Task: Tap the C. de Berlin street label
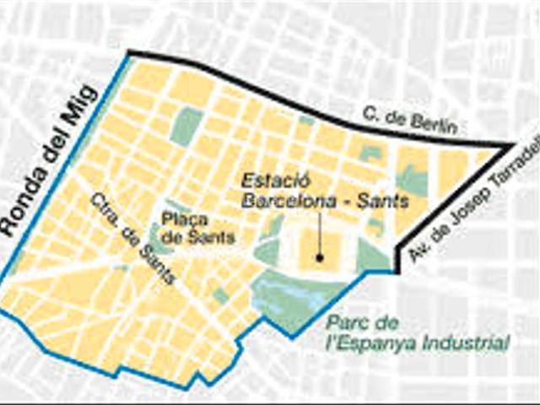pyautogui.click(x=410, y=121)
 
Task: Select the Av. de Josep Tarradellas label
pyautogui.click(x=475, y=203)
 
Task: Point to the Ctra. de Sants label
pyautogui.click(x=132, y=239)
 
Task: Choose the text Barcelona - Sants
pyautogui.click(x=325, y=202)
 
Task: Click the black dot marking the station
pyautogui.click(x=321, y=256)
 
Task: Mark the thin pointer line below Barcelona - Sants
pyautogui.click(x=321, y=232)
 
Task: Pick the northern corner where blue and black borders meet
pyautogui.click(x=128, y=54)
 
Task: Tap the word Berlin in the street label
pyautogui.click(x=435, y=126)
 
